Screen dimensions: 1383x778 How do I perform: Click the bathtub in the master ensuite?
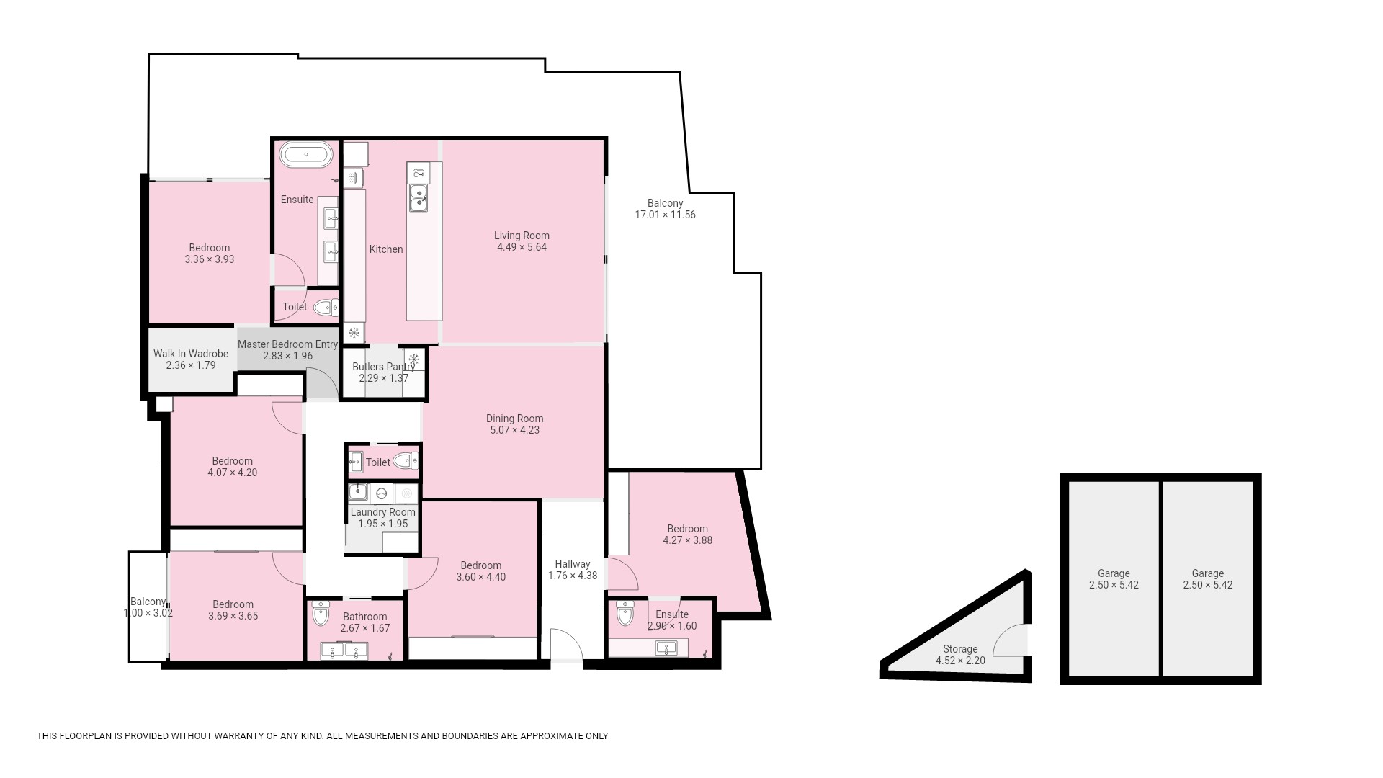[306, 154]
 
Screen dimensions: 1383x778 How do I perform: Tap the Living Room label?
[522, 236]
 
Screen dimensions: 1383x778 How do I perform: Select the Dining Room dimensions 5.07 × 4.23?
[514, 430]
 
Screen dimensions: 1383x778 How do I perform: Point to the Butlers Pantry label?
[383, 367]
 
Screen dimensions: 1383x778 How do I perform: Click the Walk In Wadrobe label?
[191, 354]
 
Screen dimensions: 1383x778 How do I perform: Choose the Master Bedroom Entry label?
[287, 344]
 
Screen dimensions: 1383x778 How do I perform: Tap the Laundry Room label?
[383, 512]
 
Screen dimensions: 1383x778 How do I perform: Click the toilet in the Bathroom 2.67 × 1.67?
[321, 614]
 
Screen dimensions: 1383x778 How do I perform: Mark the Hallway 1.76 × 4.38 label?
[573, 570]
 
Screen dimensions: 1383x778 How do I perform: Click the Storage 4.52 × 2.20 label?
[960, 655]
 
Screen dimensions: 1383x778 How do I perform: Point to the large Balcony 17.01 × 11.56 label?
[665, 209]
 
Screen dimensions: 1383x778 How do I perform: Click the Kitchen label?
[386, 249]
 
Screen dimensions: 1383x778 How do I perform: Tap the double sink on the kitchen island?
[418, 198]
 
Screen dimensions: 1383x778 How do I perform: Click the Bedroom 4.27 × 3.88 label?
[688, 535]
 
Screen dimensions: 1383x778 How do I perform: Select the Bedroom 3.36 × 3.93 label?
[210, 254]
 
